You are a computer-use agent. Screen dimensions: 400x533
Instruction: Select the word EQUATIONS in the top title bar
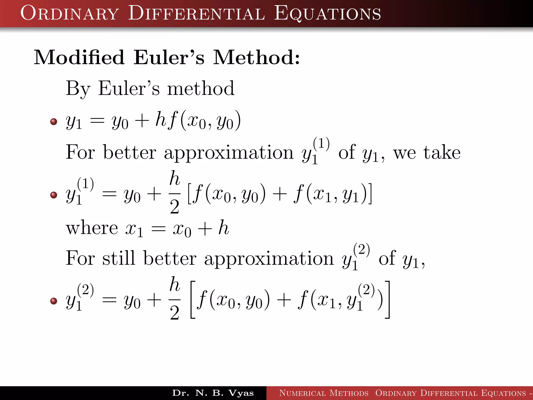(327, 14)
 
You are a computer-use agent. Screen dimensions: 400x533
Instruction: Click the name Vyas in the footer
(241, 393)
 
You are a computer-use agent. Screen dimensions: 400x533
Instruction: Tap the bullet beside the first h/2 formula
(54, 195)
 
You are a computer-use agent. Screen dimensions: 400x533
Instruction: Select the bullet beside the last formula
(54, 301)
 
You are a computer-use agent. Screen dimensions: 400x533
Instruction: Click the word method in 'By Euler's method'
(201, 89)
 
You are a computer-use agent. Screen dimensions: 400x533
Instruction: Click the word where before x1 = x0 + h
(92, 228)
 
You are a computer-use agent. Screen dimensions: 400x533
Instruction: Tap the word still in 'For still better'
(119, 258)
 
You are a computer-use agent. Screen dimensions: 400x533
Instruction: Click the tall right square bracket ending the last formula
(388, 299)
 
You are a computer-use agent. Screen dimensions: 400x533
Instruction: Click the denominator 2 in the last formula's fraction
(175, 313)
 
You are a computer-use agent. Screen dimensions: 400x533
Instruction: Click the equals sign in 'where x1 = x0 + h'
(158, 229)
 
